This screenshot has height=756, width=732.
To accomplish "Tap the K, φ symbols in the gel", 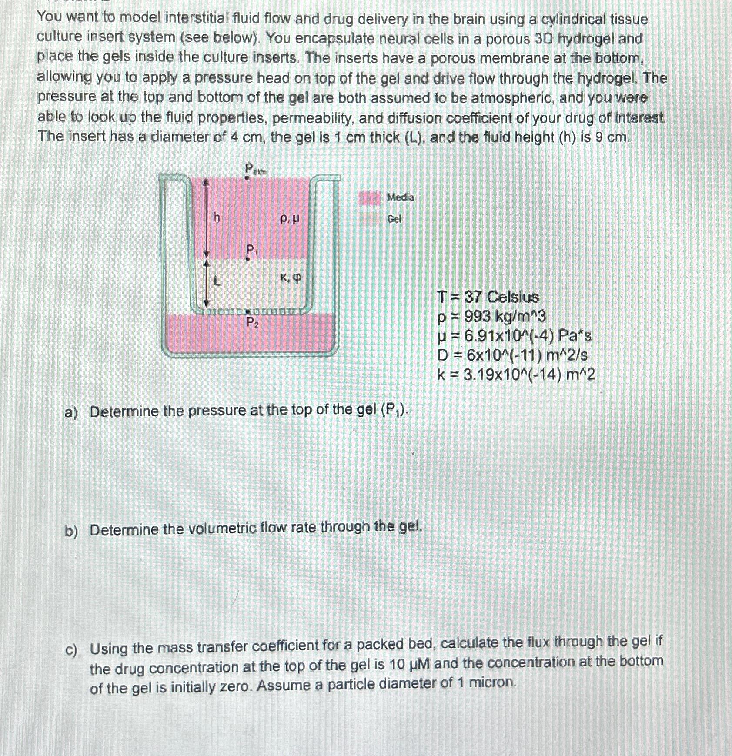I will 291,278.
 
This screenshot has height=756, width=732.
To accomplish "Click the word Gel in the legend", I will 394,219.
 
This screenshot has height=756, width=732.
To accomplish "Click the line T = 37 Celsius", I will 488,297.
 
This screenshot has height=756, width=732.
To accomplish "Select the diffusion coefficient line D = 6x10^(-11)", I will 512,355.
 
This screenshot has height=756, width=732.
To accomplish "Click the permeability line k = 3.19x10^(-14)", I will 516,375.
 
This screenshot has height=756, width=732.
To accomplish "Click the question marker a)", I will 70,412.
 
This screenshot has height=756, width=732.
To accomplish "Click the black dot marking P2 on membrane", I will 247,312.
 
